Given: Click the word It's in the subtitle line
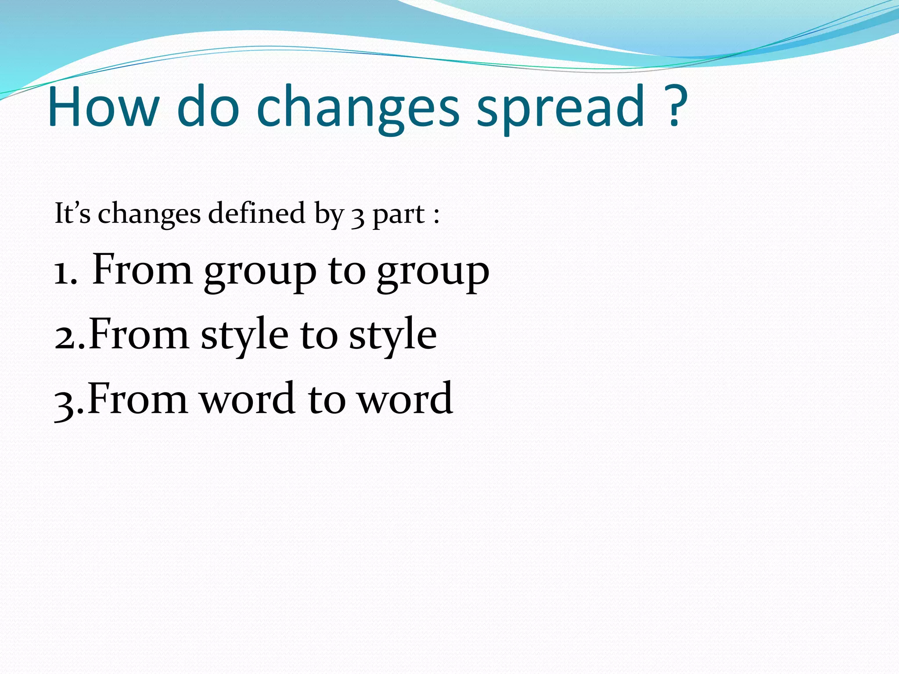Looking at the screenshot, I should coord(72,214).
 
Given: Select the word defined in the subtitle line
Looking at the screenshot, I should coord(256,214).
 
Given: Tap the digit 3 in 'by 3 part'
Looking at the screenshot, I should coord(358,216).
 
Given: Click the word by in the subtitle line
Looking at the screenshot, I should coord(329,215).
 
